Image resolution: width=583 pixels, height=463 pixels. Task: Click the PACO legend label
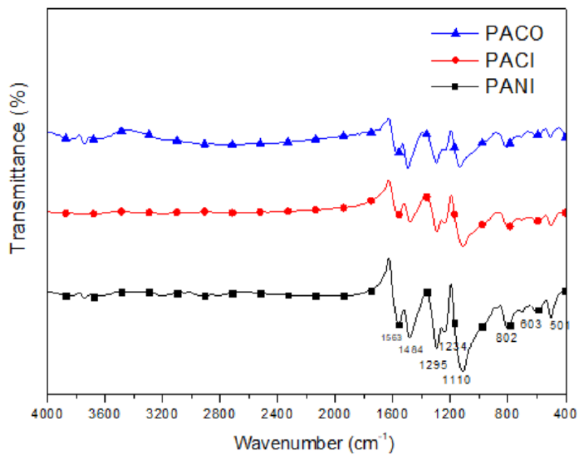click(514, 33)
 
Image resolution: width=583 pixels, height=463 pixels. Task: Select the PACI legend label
click(510, 61)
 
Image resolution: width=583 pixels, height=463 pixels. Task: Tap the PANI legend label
click(510, 87)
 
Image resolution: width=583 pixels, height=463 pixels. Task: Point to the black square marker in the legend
click(455, 87)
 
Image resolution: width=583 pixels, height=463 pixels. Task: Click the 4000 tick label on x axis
click(47, 414)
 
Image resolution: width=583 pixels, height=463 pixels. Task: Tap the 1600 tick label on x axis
click(392, 414)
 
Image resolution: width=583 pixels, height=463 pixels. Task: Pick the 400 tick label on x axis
click(565, 414)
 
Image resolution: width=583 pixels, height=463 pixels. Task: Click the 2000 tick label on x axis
click(335, 414)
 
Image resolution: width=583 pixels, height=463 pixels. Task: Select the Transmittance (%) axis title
click(18, 168)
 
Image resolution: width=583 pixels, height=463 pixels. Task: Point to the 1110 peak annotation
click(456, 380)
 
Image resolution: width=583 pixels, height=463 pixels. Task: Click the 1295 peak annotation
click(433, 365)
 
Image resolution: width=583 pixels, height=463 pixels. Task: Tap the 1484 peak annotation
click(411, 350)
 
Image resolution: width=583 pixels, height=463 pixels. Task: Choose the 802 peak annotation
click(506, 338)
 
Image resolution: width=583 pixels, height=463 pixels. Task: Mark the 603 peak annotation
click(530, 324)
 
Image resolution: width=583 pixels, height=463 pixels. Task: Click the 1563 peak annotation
click(391, 338)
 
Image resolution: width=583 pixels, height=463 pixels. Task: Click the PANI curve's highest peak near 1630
click(388, 259)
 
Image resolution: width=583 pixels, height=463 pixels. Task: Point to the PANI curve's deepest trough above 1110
click(463, 371)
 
